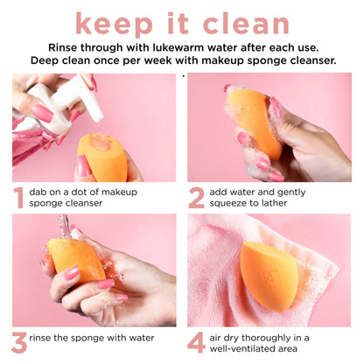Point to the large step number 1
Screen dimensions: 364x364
[17, 197]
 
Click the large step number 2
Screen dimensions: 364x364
[197, 197]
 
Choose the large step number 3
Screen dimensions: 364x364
[18, 342]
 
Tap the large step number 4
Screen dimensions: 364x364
[197, 342]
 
